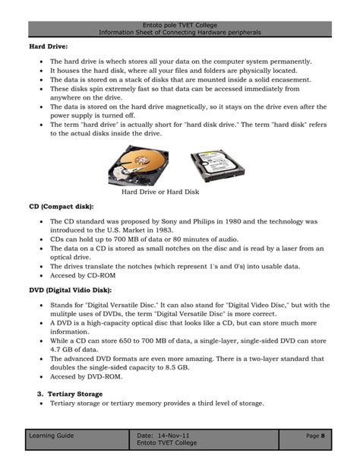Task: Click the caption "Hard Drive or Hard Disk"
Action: [160, 192]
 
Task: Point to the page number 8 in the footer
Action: [323, 436]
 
